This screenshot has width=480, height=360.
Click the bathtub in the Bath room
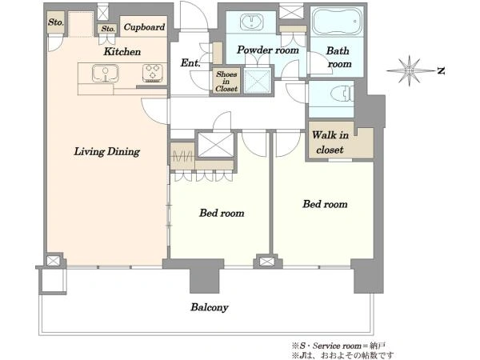click(337, 21)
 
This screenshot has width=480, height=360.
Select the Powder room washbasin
click(252, 22)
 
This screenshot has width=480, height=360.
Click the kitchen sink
click(106, 74)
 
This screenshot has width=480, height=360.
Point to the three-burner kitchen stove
click(153, 74)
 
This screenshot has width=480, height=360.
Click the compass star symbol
click(410, 70)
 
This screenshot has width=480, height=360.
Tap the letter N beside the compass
click(441, 71)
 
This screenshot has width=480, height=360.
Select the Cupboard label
click(144, 27)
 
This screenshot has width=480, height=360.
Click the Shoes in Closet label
click(226, 82)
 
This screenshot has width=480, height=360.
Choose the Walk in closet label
click(330, 142)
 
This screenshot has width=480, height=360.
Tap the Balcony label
click(210, 307)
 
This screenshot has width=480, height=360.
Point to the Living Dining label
click(107, 152)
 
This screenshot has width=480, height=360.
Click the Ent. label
click(190, 63)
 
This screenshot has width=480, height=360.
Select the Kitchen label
click(122, 52)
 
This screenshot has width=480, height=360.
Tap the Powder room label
click(268, 50)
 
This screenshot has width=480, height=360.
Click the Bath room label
click(338, 58)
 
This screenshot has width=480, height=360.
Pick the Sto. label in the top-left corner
click(56, 22)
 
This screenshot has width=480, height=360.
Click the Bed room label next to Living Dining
click(222, 213)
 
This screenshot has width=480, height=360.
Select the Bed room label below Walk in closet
click(325, 204)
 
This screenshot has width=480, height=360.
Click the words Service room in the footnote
click(337, 346)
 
